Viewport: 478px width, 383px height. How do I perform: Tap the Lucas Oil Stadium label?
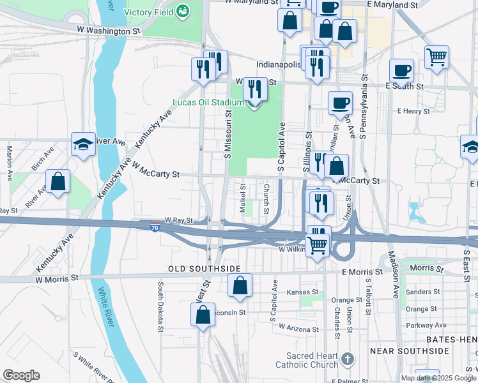209,103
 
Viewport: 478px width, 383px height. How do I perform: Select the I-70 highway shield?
155,227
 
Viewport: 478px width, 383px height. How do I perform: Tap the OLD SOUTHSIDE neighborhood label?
204,269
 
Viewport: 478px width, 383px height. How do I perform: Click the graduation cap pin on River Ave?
83,145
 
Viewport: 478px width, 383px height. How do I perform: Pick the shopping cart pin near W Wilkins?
318,244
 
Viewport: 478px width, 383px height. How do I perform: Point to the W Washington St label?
108,30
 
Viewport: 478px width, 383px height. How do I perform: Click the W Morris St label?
56,278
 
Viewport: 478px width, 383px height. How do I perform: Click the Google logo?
21,375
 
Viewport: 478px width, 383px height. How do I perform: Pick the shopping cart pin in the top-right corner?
437,56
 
